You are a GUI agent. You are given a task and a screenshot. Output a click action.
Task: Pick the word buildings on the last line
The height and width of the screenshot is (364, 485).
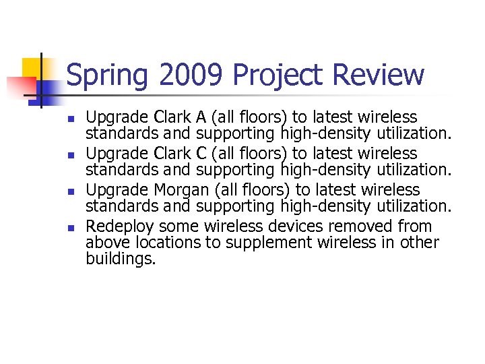(x=121, y=260)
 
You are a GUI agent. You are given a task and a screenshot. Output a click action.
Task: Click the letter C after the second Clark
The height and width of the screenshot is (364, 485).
(x=201, y=154)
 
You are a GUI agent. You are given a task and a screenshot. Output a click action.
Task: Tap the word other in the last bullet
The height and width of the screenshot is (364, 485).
(x=420, y=243)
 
